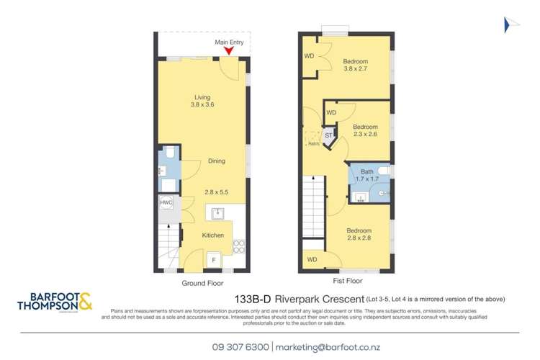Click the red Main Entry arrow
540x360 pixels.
[x=228, y=49]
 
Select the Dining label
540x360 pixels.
[x=217, y=161]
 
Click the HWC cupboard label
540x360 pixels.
[x=166, y=203]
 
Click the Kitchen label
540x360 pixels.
[x=212, y=235]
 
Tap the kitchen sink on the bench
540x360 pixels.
[x=217, y=213]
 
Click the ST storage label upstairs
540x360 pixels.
[x=329, y=135]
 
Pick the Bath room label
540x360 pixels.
[x=368, y=171]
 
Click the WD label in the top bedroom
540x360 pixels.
[x=310, y=55]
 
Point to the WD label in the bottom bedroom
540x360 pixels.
[x=311, y=259]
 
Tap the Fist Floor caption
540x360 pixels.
[x=346, y=282]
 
